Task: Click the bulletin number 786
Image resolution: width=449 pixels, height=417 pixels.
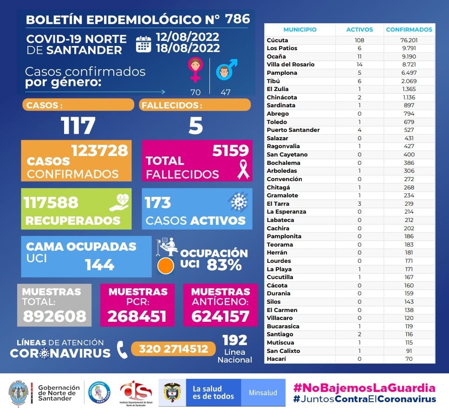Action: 237,19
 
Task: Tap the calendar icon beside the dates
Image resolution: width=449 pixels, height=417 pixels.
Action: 143,44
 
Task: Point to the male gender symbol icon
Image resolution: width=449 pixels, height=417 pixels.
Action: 226,69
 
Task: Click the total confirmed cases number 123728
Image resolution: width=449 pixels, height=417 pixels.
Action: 99,150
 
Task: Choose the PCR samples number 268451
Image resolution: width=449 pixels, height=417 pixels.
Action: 137,316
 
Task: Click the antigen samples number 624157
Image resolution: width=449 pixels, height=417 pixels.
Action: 220,316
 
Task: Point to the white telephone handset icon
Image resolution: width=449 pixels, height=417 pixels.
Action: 122,350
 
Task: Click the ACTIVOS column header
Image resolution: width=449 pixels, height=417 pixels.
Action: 359,30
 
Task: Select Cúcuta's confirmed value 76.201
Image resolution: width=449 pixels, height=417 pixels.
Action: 409,40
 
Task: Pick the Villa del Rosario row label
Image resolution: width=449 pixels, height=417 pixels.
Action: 291,65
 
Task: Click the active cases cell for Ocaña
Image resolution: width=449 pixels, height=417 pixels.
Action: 359,56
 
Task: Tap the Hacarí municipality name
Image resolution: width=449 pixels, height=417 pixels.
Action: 277,359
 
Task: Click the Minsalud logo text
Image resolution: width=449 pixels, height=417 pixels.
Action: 263,392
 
